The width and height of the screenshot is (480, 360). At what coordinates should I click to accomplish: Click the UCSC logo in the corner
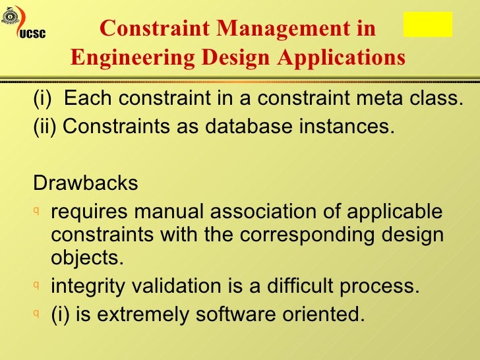20,24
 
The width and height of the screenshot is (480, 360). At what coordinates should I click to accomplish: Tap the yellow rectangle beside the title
427,24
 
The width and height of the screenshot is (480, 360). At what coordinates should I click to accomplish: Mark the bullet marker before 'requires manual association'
37,212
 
